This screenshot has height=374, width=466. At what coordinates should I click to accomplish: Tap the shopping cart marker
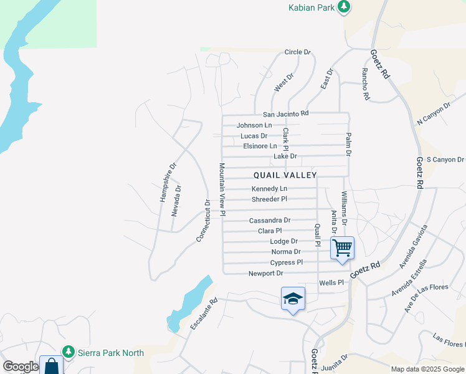(342, 247)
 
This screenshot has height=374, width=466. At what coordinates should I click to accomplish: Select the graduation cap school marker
(292, 299)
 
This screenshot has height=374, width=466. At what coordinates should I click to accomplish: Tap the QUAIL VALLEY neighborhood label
(285, 176)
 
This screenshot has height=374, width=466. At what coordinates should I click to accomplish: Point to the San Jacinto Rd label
(285, 114)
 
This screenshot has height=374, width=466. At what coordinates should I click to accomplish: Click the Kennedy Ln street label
(269, 189)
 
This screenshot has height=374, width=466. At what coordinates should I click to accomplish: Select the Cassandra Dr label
(270, 221)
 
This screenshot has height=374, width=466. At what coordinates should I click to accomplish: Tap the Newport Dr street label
(265, 274)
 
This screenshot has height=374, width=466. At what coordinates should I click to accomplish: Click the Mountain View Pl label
(222, 190)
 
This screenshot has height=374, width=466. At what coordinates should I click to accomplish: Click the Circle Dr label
(297, 52)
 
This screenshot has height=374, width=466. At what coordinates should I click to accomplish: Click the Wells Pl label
(331, 283)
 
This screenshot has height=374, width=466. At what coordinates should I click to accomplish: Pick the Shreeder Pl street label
(269, 199)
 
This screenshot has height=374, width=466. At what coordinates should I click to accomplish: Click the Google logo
(21, 367)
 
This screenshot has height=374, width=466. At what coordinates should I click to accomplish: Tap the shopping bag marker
(51, 365)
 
